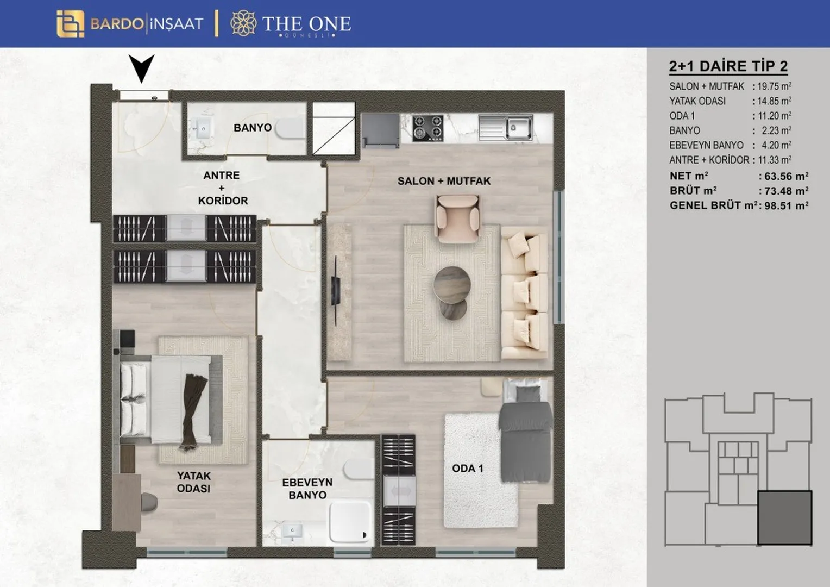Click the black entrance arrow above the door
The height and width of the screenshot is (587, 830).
141,68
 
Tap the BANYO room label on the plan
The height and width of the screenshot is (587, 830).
253,128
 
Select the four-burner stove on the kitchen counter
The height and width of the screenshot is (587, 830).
428,128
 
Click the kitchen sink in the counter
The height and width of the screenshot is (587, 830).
505,128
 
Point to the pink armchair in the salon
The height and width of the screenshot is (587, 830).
457,219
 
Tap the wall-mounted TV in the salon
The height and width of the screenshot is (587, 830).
336,291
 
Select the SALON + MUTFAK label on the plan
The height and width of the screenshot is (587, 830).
444,181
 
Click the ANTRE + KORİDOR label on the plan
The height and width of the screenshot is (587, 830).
222,188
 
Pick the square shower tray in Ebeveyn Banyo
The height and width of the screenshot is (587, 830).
350,521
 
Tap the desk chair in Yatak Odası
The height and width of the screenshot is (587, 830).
149,503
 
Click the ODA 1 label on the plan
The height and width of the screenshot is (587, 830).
468,469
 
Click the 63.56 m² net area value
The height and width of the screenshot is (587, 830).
783,176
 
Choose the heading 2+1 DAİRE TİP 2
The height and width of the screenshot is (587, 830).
728,66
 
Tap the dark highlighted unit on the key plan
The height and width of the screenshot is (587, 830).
785,517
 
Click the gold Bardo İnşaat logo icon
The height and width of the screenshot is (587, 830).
71,24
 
